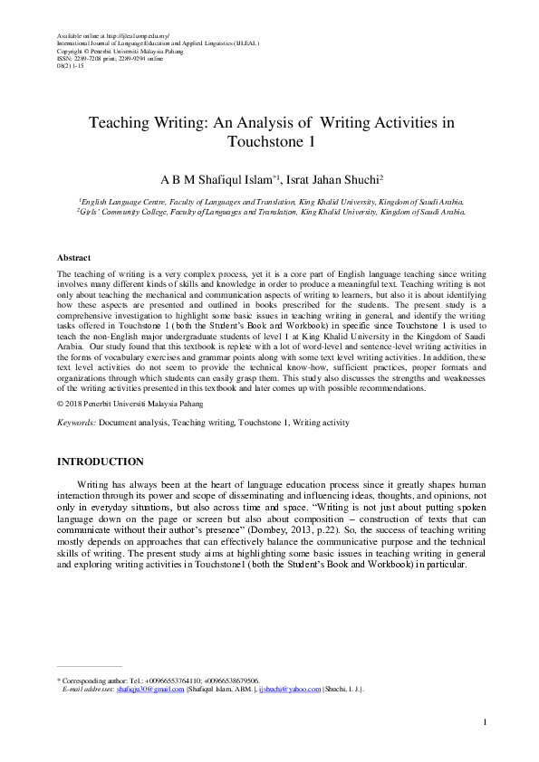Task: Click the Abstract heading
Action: tap(73, 258)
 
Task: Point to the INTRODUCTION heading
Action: tap(100, 462)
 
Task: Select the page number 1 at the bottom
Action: tap(486, 721)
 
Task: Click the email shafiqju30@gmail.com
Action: tap(149, 689)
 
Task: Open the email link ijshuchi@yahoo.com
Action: tap(290, 689)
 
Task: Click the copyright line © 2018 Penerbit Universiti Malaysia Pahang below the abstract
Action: tap(130, 404)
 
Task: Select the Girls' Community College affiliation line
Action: tap(272, 211)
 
